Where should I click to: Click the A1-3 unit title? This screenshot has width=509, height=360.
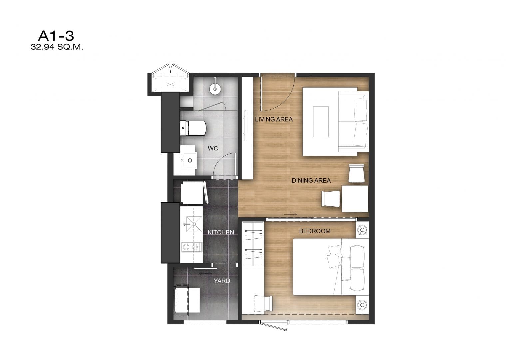(x=56, y=36)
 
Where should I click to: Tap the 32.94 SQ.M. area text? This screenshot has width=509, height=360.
(x=57, y=47)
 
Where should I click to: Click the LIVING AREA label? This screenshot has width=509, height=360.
(x=274, y=119)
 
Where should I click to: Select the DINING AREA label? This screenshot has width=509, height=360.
(x=311, y=181)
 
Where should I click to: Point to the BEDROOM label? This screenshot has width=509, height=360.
(x=315, y=231)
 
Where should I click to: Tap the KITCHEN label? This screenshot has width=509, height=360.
(x=221, y=232)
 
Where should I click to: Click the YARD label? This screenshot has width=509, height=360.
(x=222, y=281)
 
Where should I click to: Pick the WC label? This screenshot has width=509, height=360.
(x=213, y=148)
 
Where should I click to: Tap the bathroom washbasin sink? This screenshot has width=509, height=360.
(x=189, y=160)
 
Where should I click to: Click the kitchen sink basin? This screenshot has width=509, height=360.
(x=194, y=224)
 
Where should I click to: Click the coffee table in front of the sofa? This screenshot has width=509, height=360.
(x=321, y=122)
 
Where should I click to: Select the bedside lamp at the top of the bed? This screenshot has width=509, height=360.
(x=362, y=230)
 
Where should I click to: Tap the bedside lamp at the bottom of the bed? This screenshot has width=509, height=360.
(x=362, y=305)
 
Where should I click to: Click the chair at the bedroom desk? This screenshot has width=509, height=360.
(x=263, y=304)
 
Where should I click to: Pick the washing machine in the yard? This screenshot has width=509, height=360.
(x=187, y=300)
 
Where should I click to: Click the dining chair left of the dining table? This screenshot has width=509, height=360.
(x=331, y=199)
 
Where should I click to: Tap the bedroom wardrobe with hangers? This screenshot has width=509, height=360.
(x=253, y=244)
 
